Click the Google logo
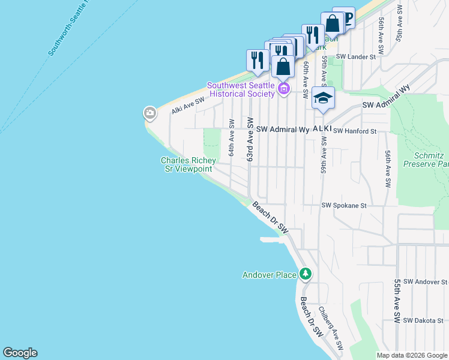point(20,353)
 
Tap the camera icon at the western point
point(149,112)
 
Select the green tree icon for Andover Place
point(306,274)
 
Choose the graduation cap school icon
point(323,98)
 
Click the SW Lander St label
point(355,57)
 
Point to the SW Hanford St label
point(355,131)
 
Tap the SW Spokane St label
point(344,205)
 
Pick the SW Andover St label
point(426,281)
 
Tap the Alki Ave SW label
point(188,106)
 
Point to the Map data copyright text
point(411,355)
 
